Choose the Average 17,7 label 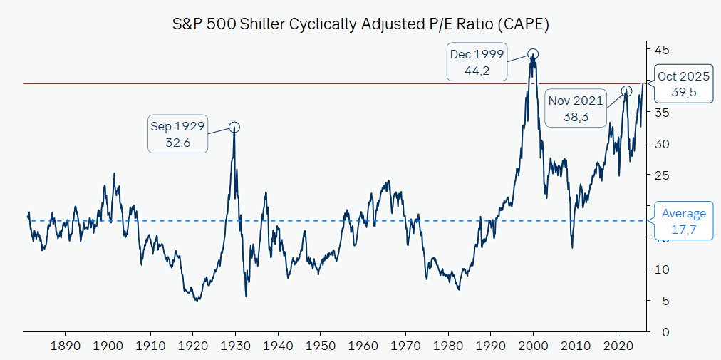point(683,221)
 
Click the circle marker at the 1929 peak point(234,127)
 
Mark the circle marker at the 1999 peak point(533,54)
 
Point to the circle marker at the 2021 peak point(626,91)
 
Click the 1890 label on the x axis point(65,345)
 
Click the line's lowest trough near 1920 point(196,300)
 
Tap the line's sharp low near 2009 point(572,247)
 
